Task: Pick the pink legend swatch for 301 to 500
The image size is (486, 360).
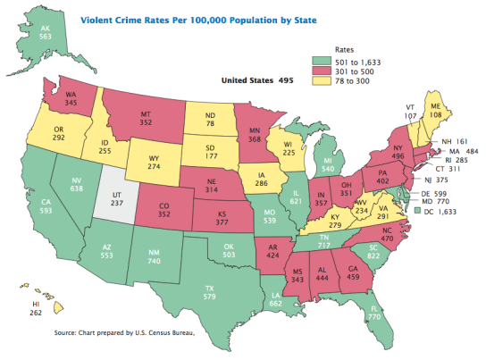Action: click(328, 71)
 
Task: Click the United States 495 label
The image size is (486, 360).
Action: click(258, 80)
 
